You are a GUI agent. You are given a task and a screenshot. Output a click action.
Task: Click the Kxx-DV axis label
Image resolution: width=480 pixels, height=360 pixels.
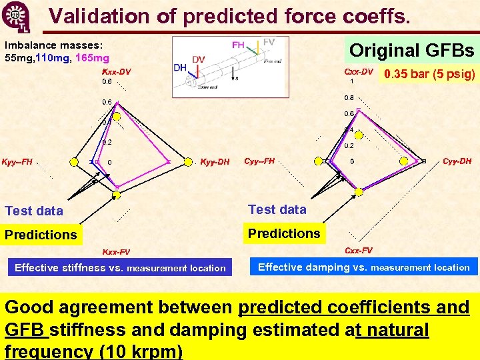click(x=116, y=72)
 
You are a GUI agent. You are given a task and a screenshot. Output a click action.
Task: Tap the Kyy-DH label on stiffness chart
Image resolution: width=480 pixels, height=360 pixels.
click(x=215, y=161)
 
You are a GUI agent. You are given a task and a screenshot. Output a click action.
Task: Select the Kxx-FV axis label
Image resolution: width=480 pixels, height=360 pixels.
click(x=115, y=252)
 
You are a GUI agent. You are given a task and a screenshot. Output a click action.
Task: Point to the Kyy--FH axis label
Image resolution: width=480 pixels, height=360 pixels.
click(x=17, y=162)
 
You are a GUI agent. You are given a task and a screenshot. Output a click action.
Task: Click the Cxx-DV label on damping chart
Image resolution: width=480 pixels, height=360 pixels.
click(x=358, y=71)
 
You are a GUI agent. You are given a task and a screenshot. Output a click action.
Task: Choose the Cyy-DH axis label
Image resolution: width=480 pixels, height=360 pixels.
click(x=457, y=161)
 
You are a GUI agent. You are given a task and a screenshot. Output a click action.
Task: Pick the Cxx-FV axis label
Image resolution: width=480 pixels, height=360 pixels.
click(x=359, y=251)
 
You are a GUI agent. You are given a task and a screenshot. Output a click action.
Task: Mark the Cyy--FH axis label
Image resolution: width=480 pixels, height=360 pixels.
click(x=259, y=161)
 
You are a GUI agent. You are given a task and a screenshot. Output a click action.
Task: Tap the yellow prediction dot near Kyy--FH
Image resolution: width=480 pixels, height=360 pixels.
click(x=75, y=161)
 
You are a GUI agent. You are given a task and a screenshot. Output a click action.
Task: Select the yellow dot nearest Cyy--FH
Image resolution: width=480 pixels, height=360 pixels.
click(x=317, y=161)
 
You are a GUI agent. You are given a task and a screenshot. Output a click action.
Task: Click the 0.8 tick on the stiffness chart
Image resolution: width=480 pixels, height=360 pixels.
click(x=107, y=81)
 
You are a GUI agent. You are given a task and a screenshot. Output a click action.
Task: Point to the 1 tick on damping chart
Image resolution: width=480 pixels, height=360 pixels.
click(x=351, y=81)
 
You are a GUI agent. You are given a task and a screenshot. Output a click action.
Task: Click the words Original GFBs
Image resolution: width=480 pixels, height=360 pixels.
click(x=411, y=51)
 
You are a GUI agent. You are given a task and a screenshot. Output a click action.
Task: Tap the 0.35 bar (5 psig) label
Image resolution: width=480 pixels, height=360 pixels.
click(x=428, y=74)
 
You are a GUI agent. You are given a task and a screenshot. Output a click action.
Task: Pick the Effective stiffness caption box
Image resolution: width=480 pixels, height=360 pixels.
click(x=120, y=268)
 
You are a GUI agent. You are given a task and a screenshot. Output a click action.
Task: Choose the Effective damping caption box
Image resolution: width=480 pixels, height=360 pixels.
click(x=364, y=267)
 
